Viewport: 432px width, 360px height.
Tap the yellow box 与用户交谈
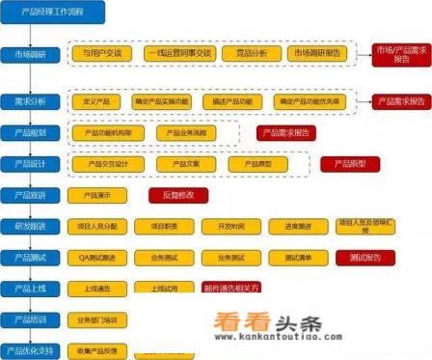[x=101, y=54]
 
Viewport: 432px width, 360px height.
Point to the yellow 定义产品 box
[x=99, y=100]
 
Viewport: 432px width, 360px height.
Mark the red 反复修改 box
[x=178, y=195]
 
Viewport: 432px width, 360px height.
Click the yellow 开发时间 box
[x=231, y=226]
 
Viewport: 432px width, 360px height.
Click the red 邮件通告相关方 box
[x=231, y=288]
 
